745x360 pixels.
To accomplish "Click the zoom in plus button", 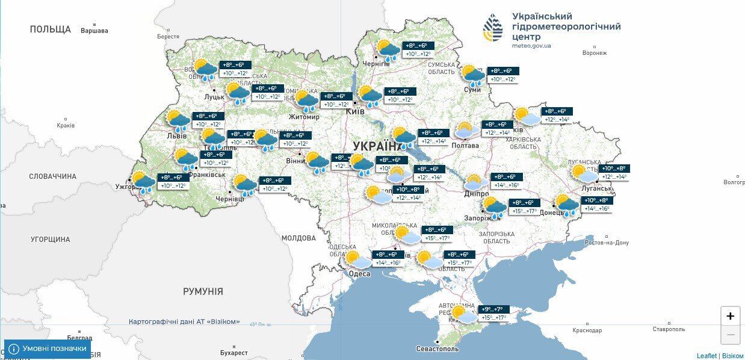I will [730, 316].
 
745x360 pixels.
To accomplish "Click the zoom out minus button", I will [730, 334].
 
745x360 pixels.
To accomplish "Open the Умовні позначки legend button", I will [48, 349].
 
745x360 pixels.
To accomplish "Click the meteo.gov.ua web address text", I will [531, 46].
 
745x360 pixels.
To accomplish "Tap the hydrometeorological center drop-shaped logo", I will [493, 28].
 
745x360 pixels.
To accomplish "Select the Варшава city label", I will [94, 31].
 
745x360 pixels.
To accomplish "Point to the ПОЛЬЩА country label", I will [51, 29].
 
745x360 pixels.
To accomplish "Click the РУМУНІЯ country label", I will [203, 291].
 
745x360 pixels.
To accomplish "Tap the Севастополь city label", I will [437, 349].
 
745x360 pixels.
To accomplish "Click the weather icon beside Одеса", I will [358, 260].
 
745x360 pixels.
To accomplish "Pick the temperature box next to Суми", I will [503, 75].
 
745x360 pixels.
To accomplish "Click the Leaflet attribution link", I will [706, 356].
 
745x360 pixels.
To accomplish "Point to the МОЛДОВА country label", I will [298, 238].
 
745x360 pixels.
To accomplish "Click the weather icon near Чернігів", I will [387, 50].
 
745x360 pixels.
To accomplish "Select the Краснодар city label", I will [587, 330].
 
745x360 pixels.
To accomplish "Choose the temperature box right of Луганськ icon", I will [613, 173].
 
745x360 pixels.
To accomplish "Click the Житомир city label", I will [304, 117].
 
